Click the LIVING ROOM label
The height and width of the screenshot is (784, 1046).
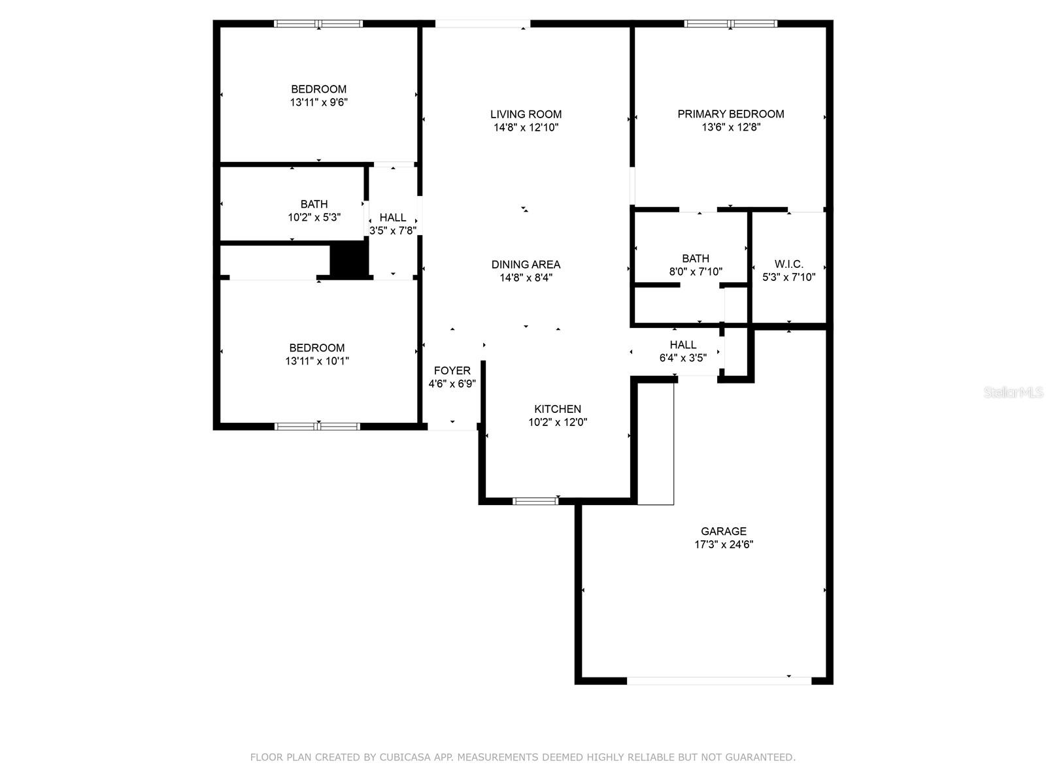(526, 114)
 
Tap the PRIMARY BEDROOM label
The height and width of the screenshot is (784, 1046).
(730, 114)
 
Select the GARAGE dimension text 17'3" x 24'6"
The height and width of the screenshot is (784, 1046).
(724, 544)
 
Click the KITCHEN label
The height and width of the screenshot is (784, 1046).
(558, 409)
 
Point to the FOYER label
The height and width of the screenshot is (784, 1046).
(452, 370)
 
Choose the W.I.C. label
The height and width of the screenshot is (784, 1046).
(788, 264)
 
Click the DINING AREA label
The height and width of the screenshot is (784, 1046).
(526, 264)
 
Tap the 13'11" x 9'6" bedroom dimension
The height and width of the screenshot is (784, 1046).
(319, 102)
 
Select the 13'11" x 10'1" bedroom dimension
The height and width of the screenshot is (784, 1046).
(317, 361)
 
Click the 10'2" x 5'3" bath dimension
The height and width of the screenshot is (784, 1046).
(314, 217)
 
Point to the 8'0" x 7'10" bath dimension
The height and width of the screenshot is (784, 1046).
(696, 271)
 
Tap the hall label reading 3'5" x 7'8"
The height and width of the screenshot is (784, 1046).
(393, 231)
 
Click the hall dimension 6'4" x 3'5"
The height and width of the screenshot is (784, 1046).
(683, 357)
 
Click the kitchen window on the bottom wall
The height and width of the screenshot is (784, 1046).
(535, 500)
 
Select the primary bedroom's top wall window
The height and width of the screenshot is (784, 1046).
(730, 24)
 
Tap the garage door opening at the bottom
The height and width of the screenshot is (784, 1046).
(718, 681)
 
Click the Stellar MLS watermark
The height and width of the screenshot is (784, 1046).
(1013, 392)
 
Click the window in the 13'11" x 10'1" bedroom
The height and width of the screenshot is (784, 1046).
(317, 427)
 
